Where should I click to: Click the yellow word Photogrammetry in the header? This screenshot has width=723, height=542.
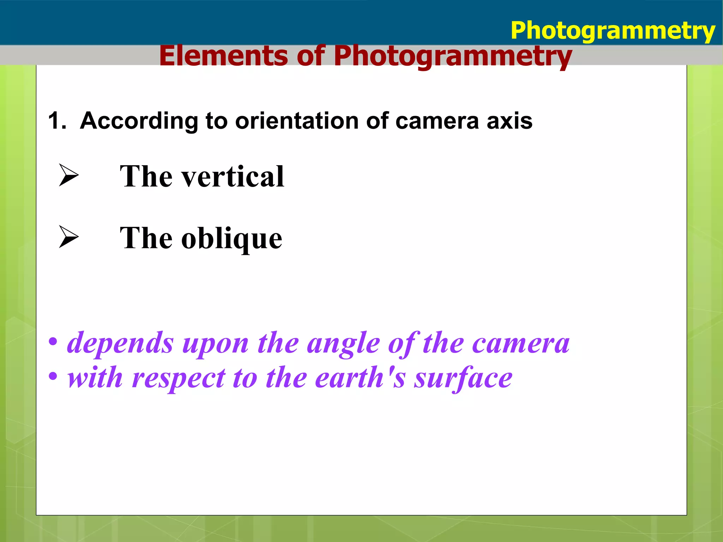(613, 31)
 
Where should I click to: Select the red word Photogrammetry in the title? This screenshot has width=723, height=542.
(453, 56)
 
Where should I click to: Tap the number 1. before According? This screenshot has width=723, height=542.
(57, 121)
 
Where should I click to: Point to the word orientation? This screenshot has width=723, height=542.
(297, 121)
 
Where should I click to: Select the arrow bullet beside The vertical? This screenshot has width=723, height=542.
(68, 175)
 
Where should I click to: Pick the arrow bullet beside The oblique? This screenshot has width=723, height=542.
(68, 237)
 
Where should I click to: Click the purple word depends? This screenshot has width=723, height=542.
(120, 343)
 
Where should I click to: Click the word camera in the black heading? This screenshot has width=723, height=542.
(437, 121)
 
